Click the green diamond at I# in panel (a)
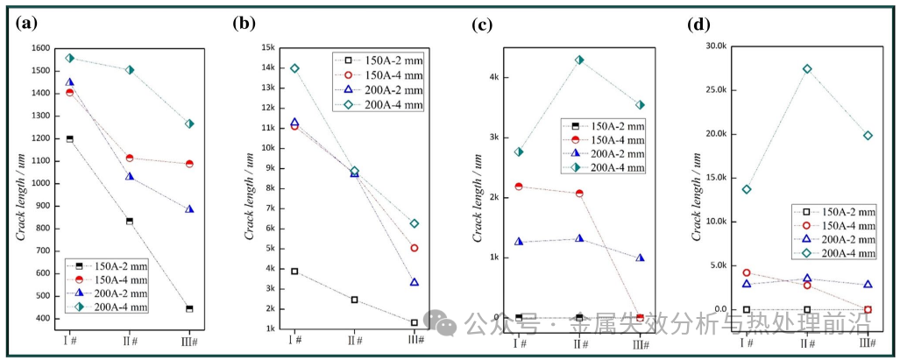pyautogui.click(x=69, y=58)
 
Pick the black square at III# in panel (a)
pyautogui.click(x=189, y=308)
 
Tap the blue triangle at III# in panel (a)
pyautogui.click(x=189, y=209)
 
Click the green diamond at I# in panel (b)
pyautogui.click(x=294, y=68)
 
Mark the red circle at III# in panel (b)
pyautogui.click(x=415, y=248)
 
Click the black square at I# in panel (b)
pyautogui.click(x=294, y=272)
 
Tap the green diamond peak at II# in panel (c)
pyautogui.click(x=579, y=60)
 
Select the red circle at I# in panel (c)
pyautogui.click(x=519, y=187)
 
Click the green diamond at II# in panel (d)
pyautogui.click(x=807, y=68)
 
